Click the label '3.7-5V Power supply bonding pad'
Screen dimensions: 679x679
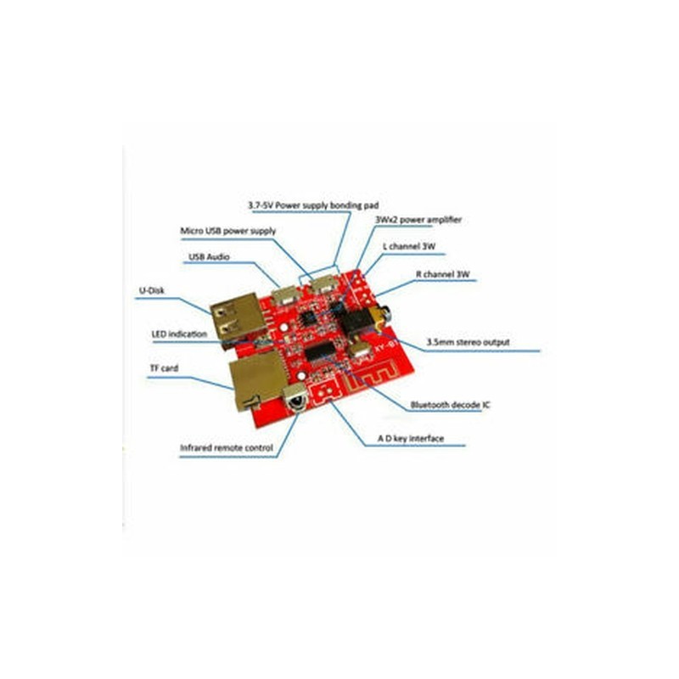313,205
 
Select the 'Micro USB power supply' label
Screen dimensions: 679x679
227,231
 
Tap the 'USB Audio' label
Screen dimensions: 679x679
209,257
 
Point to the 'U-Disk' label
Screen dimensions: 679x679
152,290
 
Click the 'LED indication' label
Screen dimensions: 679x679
179,334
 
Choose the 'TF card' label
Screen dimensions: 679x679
164,368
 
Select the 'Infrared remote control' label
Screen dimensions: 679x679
227,448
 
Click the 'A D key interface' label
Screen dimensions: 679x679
411,438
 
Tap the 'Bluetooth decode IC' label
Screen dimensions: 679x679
451,405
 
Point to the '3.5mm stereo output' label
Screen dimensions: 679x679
469,342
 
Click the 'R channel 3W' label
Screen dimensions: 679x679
442,274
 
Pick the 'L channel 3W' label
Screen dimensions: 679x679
409,246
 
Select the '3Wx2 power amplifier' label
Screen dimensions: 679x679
418,220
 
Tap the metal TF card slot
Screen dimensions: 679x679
256,379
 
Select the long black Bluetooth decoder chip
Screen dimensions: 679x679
322,351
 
